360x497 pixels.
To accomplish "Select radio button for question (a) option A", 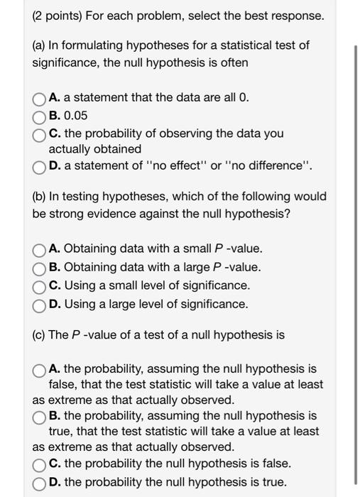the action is [40, 98].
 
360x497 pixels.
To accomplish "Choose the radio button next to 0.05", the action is [40, 115].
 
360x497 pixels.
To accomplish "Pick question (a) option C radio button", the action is [40, 133].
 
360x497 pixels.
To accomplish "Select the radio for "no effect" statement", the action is [40, 167].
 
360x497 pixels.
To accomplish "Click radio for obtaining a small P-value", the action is [40, 249].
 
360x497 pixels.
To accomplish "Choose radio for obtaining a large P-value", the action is [40, 268].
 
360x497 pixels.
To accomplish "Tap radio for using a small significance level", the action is [40, 286].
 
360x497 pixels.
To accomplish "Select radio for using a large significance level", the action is [40, 305].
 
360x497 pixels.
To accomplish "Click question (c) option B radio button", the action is [40, 416].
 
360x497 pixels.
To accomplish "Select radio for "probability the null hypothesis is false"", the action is [40, 464].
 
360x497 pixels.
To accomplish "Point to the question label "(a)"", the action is [40, 46].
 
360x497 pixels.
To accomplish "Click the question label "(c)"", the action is [40, 334].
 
